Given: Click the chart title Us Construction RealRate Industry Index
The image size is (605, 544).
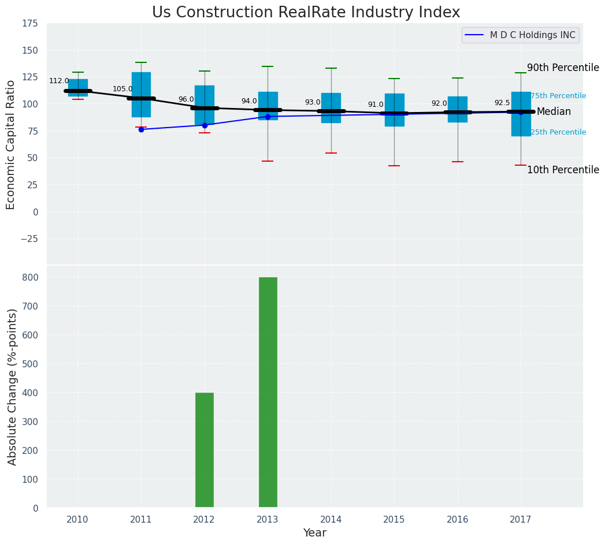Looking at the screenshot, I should (x=306, y=13).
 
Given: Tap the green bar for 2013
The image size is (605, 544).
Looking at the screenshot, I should (x=268, y=392).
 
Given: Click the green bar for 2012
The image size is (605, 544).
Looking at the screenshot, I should (x=205, y=450).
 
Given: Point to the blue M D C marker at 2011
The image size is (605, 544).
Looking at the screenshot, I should (x=141, y=129).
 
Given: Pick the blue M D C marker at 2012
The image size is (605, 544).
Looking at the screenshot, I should (x=205, y=125).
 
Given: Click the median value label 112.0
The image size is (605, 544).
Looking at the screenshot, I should (x=59, y=81).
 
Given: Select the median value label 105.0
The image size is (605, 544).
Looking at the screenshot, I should (x=123, y=89).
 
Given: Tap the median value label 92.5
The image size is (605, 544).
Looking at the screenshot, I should (x=502, y=103).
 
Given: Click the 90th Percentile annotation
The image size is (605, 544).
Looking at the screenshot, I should (x=563, y=68).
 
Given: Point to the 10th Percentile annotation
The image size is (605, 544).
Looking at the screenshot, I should (x=563, y=170).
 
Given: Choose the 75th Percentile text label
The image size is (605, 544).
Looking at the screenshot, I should (x=558, y=96).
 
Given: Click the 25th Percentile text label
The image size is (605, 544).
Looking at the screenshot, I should (x=558, y=132).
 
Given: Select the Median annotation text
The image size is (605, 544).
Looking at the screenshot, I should (x=554, y=112).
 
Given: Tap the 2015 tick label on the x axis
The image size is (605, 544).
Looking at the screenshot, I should (x=394, y=520).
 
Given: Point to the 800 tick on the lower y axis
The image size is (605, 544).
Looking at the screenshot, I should (x=31, y=277).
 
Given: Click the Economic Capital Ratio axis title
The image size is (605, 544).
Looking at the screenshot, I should (x=11, y=145).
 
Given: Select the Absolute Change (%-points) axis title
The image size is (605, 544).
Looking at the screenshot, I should (x=12, y=386).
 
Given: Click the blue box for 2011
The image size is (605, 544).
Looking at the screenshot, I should (x=141, y=87).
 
